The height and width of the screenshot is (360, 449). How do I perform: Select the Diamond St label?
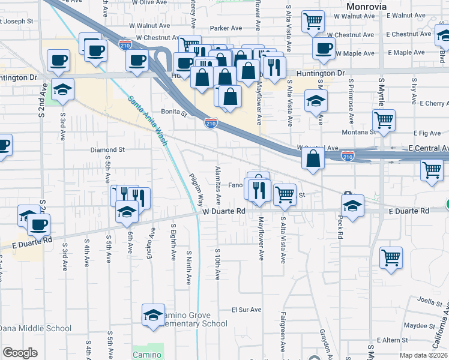point(107,149)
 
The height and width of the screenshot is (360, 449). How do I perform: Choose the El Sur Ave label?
point(247,310)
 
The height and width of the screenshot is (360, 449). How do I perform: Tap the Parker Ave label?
point(226,28)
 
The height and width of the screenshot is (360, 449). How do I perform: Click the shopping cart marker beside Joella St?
point(391,258)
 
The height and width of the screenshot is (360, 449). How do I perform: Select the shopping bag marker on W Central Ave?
point(313,159)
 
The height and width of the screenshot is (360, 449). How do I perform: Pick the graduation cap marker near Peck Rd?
point(353,206)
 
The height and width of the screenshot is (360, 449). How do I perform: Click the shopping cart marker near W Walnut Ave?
point(313,22)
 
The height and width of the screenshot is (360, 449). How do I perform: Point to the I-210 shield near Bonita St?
point(211,123)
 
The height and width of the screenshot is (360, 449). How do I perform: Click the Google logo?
point(20,353)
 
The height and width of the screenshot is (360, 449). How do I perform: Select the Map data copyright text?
point(424,355)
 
